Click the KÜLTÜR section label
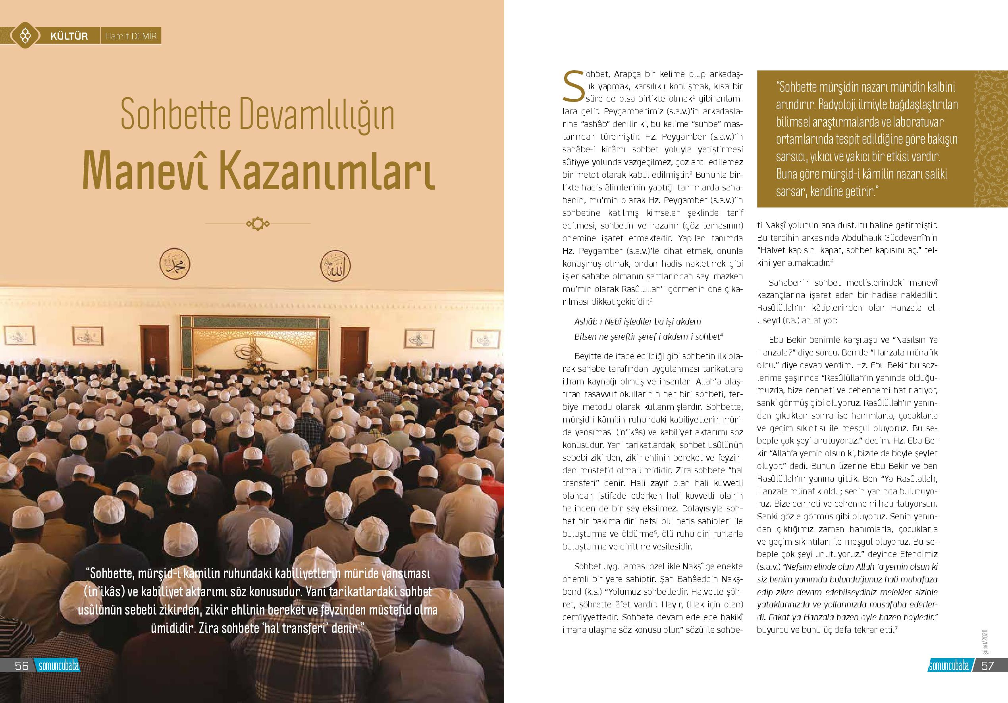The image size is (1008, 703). pos(69,36)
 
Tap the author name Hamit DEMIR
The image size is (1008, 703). pos(130,36)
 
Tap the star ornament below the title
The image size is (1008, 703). pos(258,224)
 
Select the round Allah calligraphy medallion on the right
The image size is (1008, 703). pos(336,265)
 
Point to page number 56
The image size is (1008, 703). pos(21,665)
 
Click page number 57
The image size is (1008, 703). pos(987,665)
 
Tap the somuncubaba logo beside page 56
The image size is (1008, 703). pos(58,666)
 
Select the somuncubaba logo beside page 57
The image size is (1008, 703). pos(949,666)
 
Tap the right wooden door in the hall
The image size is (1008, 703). pos(353,347)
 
